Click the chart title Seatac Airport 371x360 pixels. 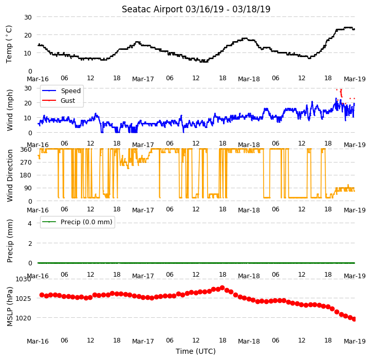pyautogui.click(x=153, y=9)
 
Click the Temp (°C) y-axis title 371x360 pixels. pyautogui.click(x=9, y=44)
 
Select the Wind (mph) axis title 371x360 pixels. pyautogui.click(x=10, y=110)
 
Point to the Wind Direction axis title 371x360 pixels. pyautogui.click(x=10, y=175)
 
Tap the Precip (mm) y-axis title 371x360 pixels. pyautogui.click(x=10, y=241)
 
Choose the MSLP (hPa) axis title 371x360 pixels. pyautogui.click(x=10, y=307)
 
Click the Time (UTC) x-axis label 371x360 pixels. pyautogui.click(x=196, y=351)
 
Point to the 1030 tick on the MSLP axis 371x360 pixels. pyautogui.click(x=24, y=279)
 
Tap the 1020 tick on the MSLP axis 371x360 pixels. pyautogui.click(x=24, y=318)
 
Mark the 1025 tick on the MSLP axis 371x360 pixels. pyautogui.click(x=24, y=298)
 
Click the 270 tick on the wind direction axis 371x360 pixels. pyautogui.click(x=27, y=162)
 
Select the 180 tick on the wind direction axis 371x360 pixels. pyautogui.click(x=27, y=175)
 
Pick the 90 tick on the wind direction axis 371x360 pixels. pyautogui.click(x=28, y=188)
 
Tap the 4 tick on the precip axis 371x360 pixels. pyautogui.click(x=30, y=223)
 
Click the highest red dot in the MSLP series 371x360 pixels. pyautogui.click(x=222, y=288)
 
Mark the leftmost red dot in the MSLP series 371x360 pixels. pyautogui.click(x=42, y=295)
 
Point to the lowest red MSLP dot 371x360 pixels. pyautogui.click(x=354, y=319)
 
